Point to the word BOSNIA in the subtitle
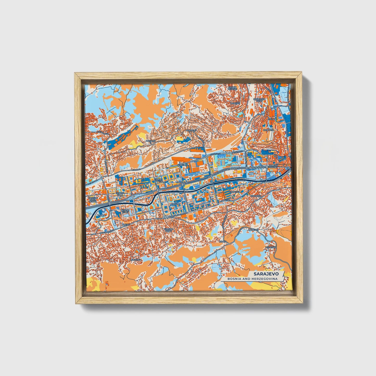coord(234,279)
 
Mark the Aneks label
coord(126,224)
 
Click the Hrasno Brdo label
coord(168,230)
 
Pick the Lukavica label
coord(136,260)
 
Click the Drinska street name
coord(136,169)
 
